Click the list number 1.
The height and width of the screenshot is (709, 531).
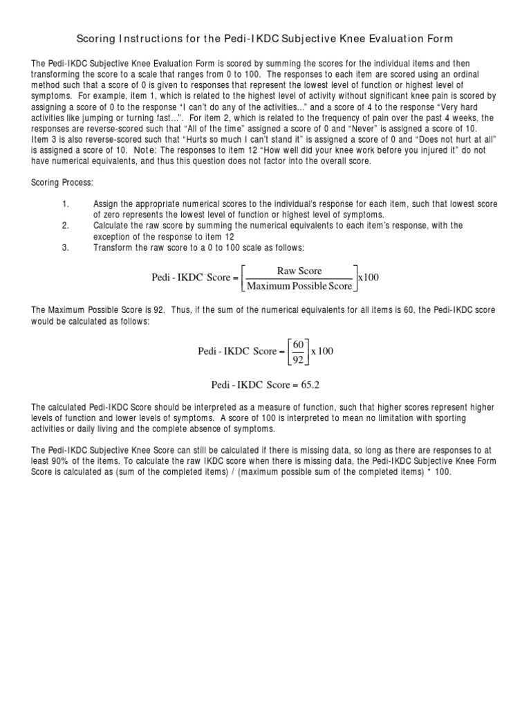coord(66,204)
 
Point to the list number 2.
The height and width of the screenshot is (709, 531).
coord(66,226)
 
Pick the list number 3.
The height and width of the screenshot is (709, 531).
coord(66,247)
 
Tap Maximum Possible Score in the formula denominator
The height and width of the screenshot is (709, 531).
coord(299,285)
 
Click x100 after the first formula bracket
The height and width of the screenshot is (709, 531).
coord(368,278)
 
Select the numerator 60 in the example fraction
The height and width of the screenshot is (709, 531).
coord(298,344)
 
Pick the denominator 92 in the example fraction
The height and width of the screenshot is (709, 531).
coord(298,359)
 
